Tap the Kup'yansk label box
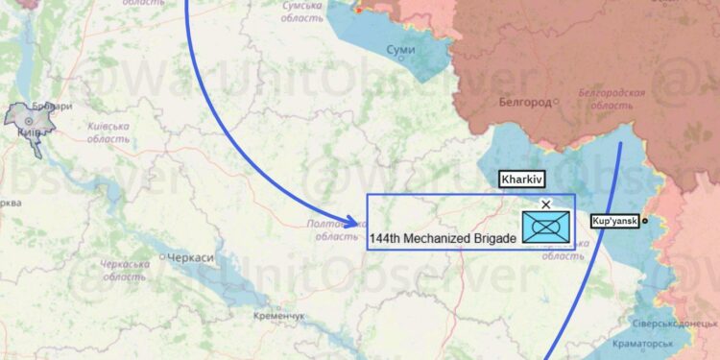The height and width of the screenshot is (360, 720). tap(614, 222)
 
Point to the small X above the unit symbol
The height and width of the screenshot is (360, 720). tap(546, 204)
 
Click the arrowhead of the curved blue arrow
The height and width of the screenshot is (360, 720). tap(352, 223)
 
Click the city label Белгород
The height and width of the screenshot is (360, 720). tap(525, 102)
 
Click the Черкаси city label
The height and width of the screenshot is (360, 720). tap(190, 258)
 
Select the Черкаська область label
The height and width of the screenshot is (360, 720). tap(126, 270)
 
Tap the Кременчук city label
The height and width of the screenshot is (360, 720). tap(279, 316)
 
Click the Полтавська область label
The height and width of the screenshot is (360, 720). tap(336, 229)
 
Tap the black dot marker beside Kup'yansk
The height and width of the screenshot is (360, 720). tap(645, 221)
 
